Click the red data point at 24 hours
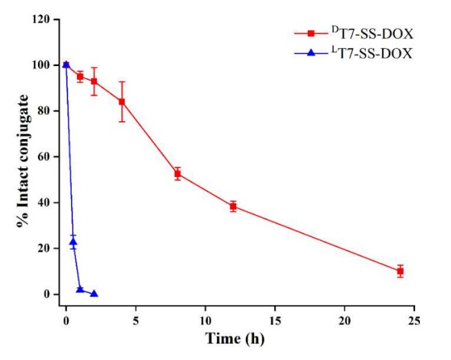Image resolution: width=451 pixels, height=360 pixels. click(x=400, y=271)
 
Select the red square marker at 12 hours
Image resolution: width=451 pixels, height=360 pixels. click(x=233, y=207)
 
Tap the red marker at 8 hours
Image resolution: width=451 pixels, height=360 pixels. click(x=178, y=174)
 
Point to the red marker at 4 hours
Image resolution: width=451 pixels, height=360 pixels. click(x=122, y=102)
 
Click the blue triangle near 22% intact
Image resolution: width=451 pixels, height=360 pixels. click(x=73, y=242)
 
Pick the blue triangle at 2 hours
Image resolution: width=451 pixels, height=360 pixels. click(x=94, y=293)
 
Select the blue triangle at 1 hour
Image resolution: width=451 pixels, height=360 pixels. click(x=80, y=289)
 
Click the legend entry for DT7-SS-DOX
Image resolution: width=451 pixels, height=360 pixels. click(x=372, y=32)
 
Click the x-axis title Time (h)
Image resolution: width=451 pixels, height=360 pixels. click(x=234, y=339)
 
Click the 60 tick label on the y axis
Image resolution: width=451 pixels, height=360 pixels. click(x=44, y=157)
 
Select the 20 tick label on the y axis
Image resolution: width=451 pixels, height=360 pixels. click(x=44, y=248)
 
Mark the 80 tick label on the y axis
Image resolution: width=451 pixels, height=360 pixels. click(x=44, y=111)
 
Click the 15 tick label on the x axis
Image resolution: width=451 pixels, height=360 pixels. click(x=275, y=321)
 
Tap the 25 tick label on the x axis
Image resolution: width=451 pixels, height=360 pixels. click(x=414, y=321)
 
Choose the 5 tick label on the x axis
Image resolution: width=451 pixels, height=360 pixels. click(x=136, y=321)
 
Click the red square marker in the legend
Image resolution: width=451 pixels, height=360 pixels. click(x=311, y=32)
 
